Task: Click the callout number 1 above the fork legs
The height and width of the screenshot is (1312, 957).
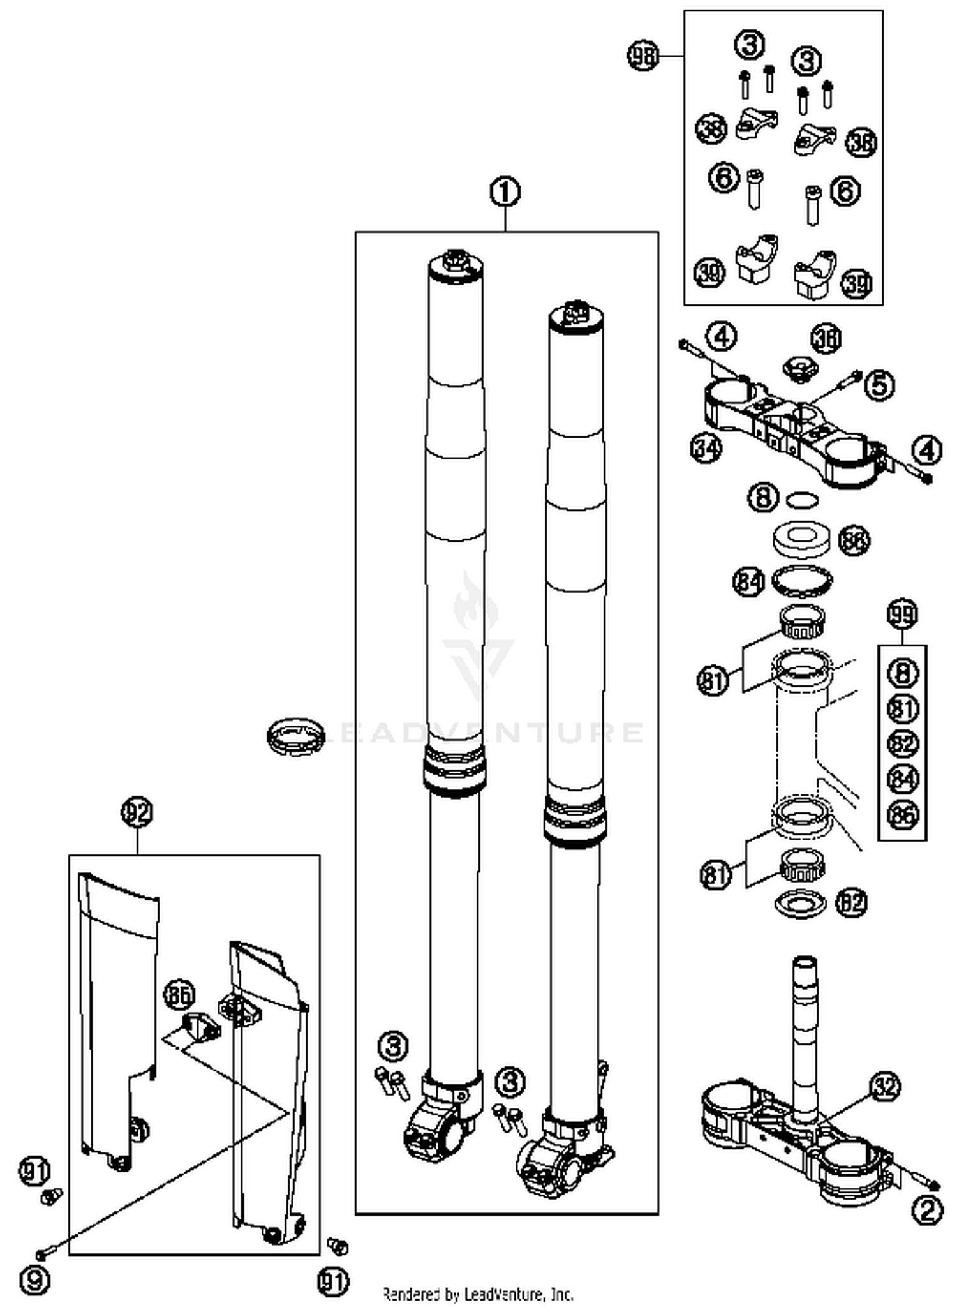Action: click(505, 191)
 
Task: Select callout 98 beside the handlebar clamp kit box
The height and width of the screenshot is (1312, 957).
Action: click(642, 56)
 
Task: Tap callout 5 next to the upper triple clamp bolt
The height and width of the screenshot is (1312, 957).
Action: click(880, 385)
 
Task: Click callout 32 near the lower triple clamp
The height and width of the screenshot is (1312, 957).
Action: click(885, 1087)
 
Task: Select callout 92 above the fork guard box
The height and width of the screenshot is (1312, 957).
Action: click(137, 812)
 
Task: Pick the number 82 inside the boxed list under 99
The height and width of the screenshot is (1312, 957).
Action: click(902, 743)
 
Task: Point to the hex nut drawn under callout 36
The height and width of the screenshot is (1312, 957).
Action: click(800, 369)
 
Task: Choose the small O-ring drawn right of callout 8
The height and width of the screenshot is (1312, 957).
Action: click(802, 499)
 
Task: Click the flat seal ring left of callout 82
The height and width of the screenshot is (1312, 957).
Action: click(800, 904)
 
